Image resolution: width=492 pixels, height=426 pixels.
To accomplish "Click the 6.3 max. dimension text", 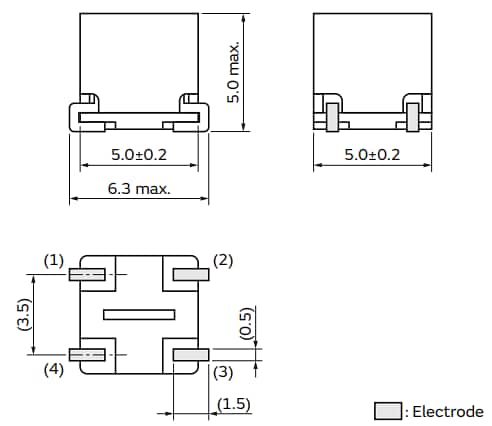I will (x=139, y=188).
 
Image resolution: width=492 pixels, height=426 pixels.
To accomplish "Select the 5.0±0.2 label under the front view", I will (x=139, y=156).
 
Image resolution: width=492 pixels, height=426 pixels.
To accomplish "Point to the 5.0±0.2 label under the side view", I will (x=372, y=156).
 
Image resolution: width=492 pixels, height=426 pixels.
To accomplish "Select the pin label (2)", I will (x=224, y=260).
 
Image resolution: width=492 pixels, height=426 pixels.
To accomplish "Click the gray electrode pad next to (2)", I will (x=190, y=273).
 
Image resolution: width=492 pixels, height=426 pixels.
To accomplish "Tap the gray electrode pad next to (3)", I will (x=190, y=355).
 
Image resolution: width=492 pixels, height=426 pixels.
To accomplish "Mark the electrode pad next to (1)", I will (x=86, y=273).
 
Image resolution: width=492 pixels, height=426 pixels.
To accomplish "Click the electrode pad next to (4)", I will (x=86, y=355).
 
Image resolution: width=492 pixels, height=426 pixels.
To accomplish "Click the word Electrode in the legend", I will (x=449, y=411).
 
